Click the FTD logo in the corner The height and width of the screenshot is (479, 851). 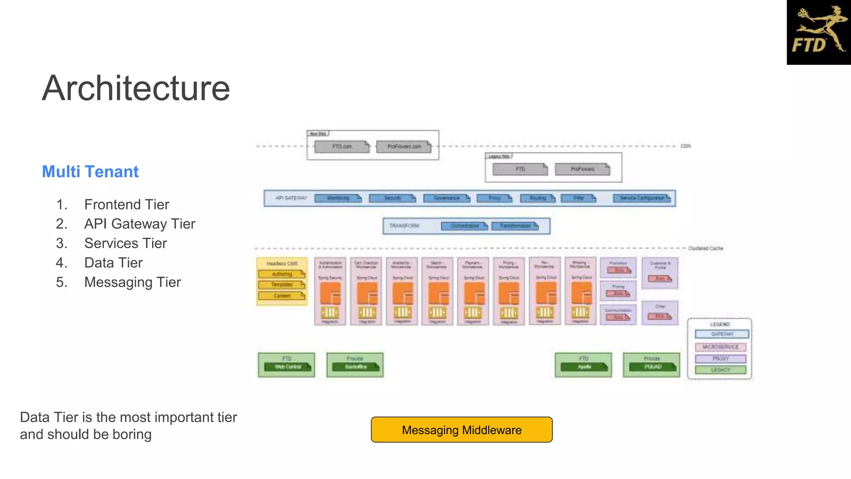click(818, 32)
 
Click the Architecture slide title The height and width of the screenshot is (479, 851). click(135, 88)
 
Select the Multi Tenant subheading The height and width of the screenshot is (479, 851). click(90, 172)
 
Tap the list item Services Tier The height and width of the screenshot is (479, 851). click(125, 243)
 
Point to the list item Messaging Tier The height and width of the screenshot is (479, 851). click(132, 282)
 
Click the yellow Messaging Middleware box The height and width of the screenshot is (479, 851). click(461, 430)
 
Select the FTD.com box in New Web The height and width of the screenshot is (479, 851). click(342, 147)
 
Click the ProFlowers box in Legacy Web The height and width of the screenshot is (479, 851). click(582, 169)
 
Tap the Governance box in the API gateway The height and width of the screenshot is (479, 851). click(446, 198)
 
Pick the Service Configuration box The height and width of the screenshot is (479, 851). click(642, 198)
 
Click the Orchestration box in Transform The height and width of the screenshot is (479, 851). click(464, 226)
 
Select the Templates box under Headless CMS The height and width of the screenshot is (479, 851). click(282, 285)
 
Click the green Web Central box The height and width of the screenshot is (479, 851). click(288, 367)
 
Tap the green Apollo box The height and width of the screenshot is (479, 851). click(584, 367)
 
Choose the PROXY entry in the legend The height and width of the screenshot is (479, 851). click(721, 358)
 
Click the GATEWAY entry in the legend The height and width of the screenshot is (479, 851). click(722, 334)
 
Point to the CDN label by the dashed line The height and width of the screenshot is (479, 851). click(685, 146)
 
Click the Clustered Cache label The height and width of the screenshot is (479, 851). click(705, 248)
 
